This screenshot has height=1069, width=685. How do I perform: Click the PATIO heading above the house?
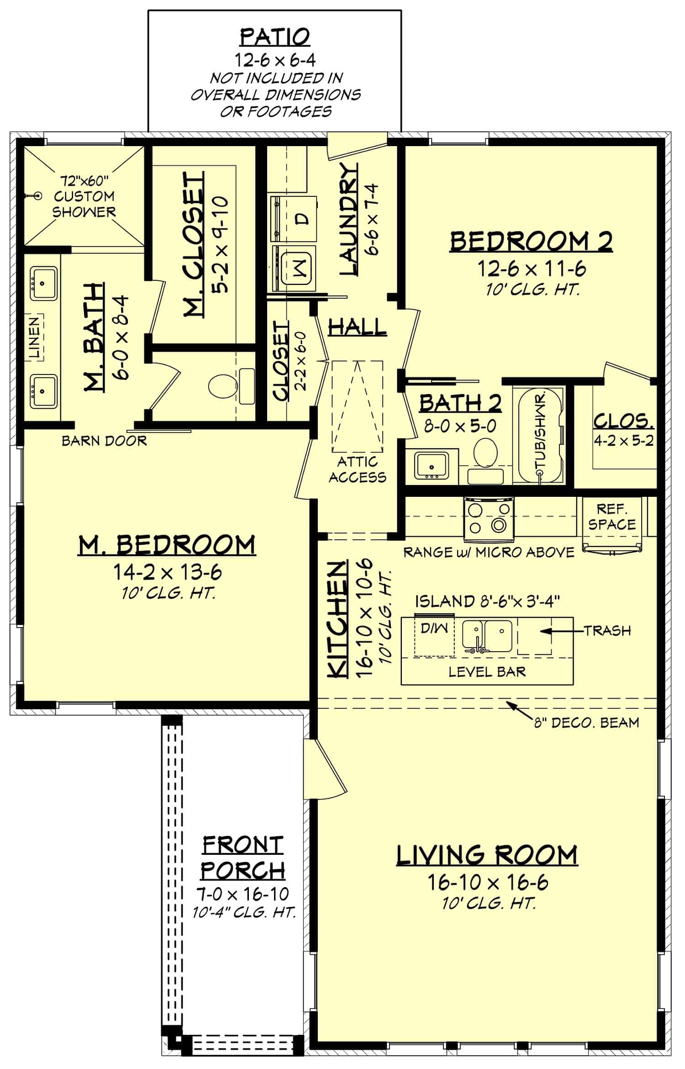click(275, 37)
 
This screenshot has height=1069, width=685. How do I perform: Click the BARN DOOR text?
click(104, 441)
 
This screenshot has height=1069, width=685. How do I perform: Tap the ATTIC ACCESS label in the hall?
click(358, 469)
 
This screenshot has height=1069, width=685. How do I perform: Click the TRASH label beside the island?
click(607, 631)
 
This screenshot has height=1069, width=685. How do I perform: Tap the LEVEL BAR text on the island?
click(487, 671)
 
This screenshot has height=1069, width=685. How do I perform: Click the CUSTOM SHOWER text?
click(84, 204)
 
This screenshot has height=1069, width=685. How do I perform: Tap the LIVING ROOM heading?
click(486, 855)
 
